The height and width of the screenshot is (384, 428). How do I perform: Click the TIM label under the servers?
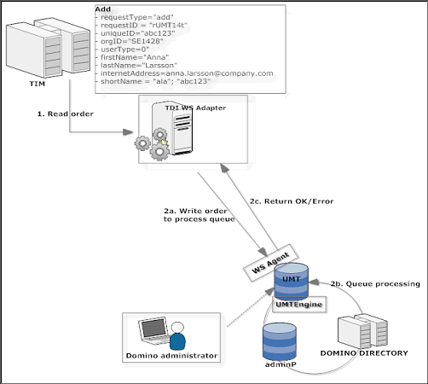(x=37, y=84)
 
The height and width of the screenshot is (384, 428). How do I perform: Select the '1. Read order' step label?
(x=66, y=113)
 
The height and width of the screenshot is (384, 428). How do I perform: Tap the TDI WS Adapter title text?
(x=195, y=108)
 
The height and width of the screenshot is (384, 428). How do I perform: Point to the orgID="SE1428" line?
(x=130, y=41)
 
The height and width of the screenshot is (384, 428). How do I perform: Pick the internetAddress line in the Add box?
(x=185, y=73)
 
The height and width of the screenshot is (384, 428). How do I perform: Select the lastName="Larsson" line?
(x=136, y=66)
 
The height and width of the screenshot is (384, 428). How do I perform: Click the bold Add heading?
(x=103, y=9)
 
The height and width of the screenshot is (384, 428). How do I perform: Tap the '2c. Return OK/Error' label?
(x=292, y=201)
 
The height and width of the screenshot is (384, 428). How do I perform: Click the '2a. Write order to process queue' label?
(x=200, y=215)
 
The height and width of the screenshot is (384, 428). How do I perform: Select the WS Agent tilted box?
(x=270, y=263)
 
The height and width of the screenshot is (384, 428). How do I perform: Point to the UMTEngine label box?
(x=299, y=305)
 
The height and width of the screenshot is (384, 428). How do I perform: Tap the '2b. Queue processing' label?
(x=375, y=284)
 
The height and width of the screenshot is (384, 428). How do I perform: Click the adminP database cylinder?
(x=280, y=341)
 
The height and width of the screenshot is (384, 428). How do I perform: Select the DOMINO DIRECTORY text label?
(x=364, y=353)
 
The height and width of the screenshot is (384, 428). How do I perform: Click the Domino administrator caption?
(x=171, y=356)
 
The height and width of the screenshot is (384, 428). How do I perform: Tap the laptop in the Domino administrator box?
(x=154, y=331)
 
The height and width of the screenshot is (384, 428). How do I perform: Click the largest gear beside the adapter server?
(x=159, y=152)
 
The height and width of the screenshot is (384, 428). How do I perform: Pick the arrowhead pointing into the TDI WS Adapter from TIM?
(x=128, y=132)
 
